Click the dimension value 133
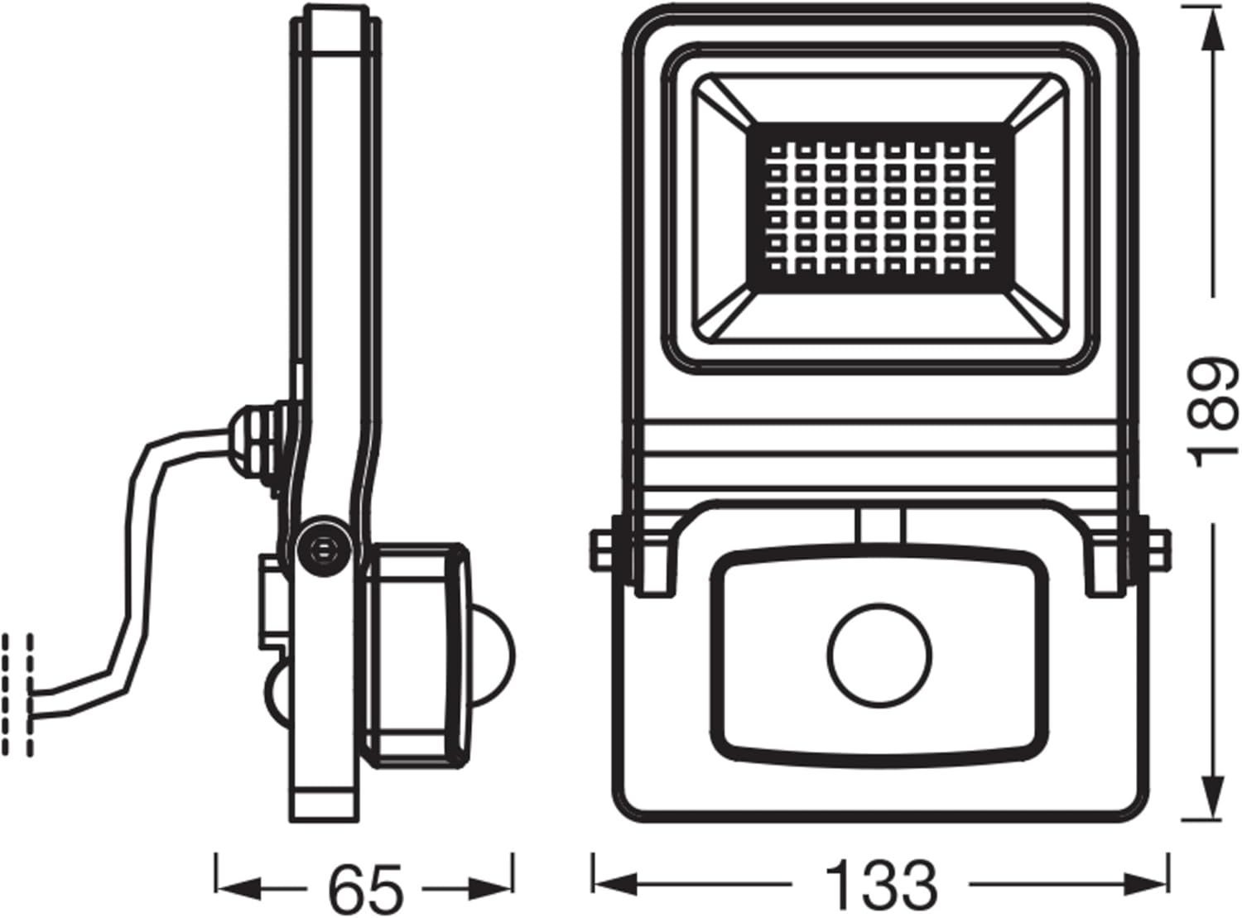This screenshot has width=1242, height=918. [883, 887]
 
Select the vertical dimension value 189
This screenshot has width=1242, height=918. [1214, 411]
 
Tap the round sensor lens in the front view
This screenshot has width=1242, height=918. [879, 653]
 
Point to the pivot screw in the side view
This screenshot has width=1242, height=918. [322, 547]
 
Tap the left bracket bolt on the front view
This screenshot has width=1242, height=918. [604, 549]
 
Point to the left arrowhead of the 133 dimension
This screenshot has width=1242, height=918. [613, 887]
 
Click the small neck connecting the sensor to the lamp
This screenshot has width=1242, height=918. [879, 525]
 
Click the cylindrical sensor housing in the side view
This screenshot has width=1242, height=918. [414, 654]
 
